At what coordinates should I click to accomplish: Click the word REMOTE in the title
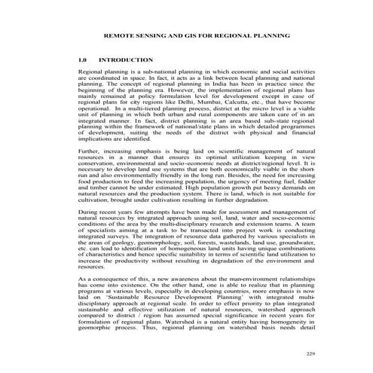pyautogui.click(x=119, y=35)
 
